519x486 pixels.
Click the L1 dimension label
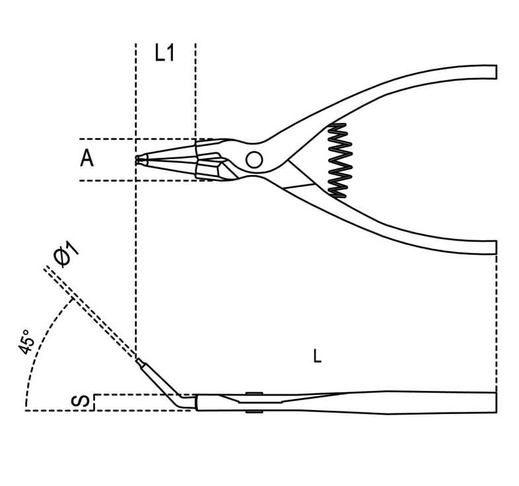(x=164, y=53)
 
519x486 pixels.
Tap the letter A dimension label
(x=86, y=158)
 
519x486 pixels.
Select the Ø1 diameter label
(x=67, y=254)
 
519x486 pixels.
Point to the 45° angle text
(x=26, y=342)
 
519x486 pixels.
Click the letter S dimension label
(x=80, y=401)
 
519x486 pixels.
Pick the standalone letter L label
(x=317, y=356)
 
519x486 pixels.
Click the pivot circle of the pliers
(x=254, y=160)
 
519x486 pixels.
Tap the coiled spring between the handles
(x=339, y=161)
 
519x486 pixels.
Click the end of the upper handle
(x=497, y=72)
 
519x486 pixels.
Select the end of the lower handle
(x=497, y=247)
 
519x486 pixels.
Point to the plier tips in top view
(x=141, y=160)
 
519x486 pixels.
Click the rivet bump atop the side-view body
(x=254, y=393)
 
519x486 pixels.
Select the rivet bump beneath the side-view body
(x=254, y=411)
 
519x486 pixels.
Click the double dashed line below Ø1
(x=90, y=312)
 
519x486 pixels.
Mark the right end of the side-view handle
(x=496, y=402)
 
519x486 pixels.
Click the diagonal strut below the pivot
(x=299, y=186)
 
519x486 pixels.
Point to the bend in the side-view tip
(x=180, y=401)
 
